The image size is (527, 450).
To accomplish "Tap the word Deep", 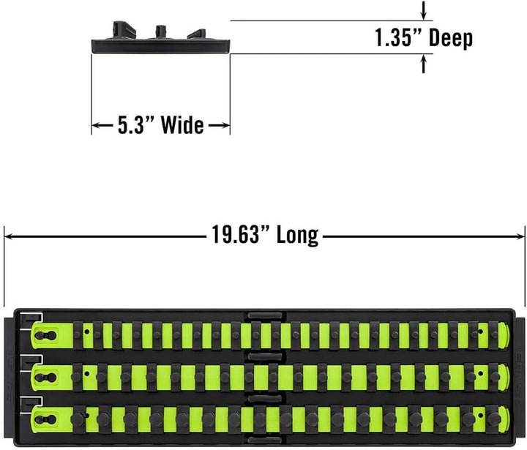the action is tap(451, 39).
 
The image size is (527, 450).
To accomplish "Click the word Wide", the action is tap(182, 125).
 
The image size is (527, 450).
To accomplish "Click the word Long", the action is tap(297, 236).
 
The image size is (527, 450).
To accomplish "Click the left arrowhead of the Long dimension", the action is tap(9, 236).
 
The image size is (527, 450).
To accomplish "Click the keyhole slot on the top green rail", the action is tap(45, 334).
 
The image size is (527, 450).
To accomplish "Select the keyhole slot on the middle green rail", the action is tap(45, 377).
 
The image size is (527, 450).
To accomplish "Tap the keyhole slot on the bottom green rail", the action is tap(45, 419).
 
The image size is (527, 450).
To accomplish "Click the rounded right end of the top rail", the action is tap(503, 334).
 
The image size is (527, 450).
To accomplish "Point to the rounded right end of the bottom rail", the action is tap(503, 419).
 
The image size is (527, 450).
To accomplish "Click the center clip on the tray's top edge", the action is tap(265, 315).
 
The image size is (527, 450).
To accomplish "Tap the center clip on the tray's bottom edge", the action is tap(265, 440).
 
